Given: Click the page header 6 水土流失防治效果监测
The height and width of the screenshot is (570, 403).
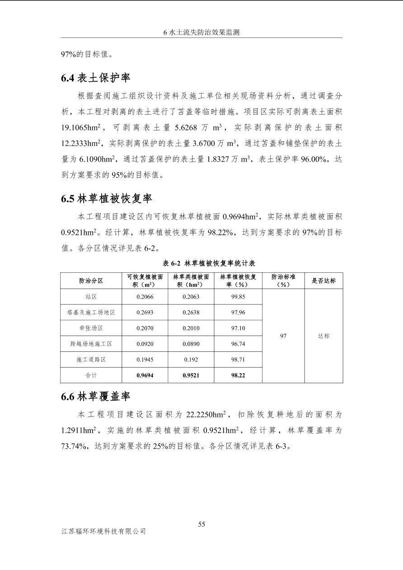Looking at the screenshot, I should click(201, 33).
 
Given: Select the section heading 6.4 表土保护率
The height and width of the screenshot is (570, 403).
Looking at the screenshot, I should click(96, 78).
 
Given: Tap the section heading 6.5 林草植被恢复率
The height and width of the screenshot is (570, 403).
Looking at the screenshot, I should click(107, 198).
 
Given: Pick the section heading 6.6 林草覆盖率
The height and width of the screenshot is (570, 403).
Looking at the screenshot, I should click(96, 397).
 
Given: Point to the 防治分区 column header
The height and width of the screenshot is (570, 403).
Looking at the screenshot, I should click(91, 281).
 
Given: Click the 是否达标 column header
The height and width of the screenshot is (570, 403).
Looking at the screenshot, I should click(323, 281).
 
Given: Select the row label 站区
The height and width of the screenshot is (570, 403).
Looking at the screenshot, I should click(91, 297).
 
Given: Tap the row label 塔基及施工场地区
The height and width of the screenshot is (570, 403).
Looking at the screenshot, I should click(91, 313).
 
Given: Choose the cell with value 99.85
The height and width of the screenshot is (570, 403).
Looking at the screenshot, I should click(238, 297).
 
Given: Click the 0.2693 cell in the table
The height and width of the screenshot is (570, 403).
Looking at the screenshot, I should click(145, 313).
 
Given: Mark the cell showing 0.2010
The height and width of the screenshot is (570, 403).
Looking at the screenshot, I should click(191, 328).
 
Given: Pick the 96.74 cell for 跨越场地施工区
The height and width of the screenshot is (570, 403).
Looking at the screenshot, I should click(238, 344).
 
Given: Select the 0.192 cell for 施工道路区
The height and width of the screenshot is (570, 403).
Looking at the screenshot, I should click(191, 360).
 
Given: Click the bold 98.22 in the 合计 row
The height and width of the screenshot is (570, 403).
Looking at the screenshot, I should click(238, 375).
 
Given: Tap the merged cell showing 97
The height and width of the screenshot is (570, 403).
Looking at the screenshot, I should click(283, 336).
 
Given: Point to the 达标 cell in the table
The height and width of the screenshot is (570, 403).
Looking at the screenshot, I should click(323, 336).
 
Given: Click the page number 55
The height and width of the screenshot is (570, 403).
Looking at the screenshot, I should click(201, 524).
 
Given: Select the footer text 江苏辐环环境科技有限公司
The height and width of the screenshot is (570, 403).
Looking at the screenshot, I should click(103, 532).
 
